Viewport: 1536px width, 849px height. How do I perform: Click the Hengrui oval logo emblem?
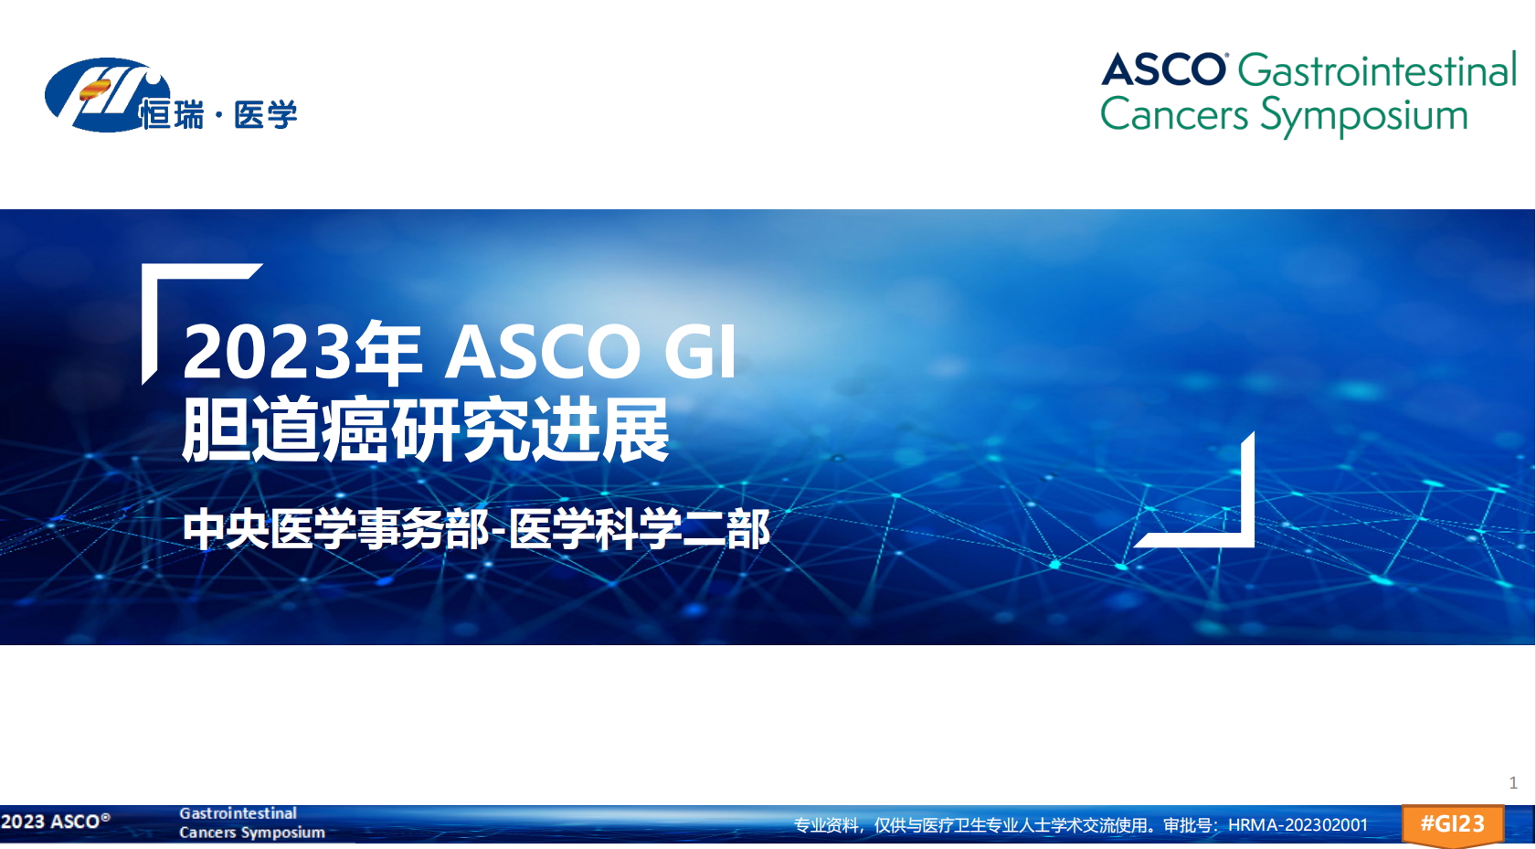(x=103, y=95)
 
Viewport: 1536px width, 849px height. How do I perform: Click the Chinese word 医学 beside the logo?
(x=265, y=114)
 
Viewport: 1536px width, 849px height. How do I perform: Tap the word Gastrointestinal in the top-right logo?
(x=1377, y=70)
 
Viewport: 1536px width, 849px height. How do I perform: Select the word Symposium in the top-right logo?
(x=1364, y=116)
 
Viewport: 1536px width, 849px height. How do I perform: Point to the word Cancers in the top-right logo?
(x=1174, y=114)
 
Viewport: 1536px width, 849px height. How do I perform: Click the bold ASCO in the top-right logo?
(x=1164, y=69)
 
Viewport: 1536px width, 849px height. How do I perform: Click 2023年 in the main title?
(x=302, y=353)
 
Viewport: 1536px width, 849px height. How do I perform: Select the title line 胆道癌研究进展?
(x=425, y=430)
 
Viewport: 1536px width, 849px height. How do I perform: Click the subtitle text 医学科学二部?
(x=640, y=529)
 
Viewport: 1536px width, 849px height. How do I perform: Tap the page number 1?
(x=1512, y=782)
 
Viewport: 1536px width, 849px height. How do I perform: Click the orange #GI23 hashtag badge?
(x=1453, y=823)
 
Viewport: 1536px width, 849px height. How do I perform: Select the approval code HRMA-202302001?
(x=1298, y=824)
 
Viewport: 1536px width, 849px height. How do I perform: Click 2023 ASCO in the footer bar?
(x=56, y=822)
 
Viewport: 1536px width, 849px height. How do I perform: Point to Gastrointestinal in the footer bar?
(x=238, y=813)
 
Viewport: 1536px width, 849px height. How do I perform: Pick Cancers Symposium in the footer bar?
(x=251, y=833)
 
